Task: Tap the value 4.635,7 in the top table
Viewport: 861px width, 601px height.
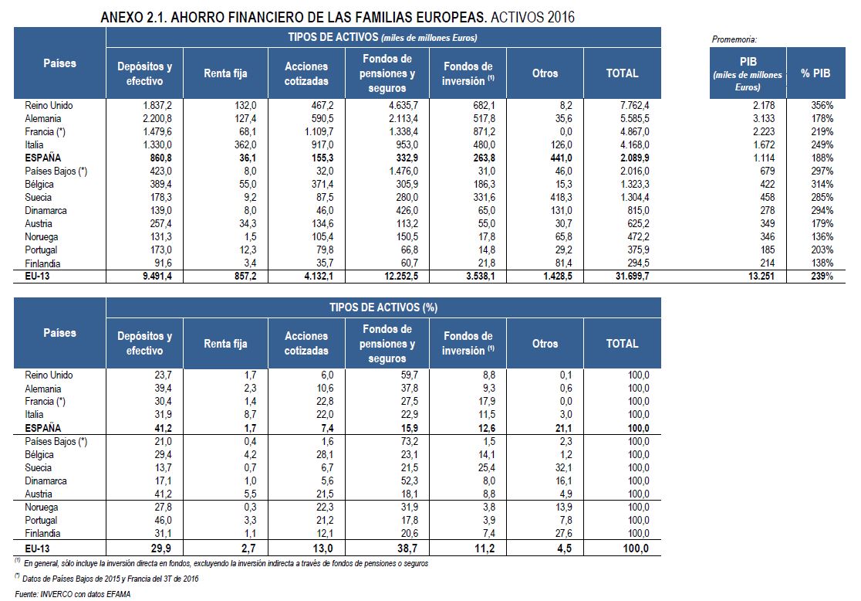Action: pos(399,105)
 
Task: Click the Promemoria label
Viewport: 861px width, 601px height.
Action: pos(733,39)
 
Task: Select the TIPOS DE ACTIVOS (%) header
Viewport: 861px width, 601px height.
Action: pos(383,307)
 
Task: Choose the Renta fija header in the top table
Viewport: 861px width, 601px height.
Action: pos(225,73)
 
